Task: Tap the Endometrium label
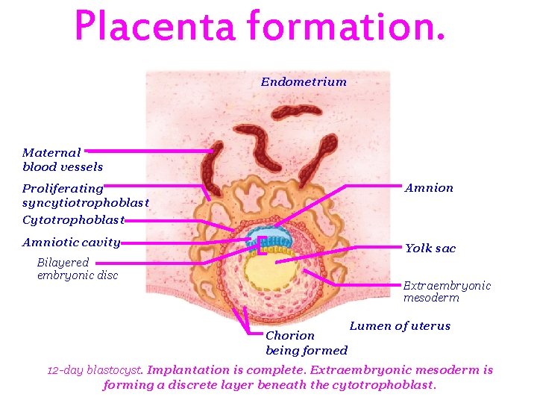click(304, 82)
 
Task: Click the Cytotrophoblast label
click(72, 220)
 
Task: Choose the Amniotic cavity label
click(71, 243)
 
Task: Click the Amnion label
click(429, 188)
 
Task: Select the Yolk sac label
click(430, 249)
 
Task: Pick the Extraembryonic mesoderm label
click(447, 292)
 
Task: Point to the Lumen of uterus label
click(400, 326)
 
